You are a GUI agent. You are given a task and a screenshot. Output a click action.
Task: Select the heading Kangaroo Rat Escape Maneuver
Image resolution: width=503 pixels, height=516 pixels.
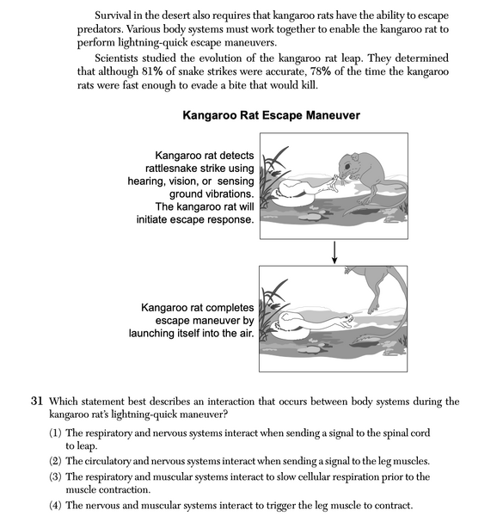click(271, 115)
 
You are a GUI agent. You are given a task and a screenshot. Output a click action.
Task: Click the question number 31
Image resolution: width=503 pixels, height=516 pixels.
click(37, 402)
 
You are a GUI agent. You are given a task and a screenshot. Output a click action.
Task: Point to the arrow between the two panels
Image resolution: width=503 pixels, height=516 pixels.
click(334, 249)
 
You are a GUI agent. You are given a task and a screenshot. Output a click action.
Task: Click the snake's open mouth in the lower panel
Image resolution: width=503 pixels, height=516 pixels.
click(346, 325)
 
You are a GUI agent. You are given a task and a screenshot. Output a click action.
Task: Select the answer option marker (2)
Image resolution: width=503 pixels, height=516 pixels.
click(56, 462)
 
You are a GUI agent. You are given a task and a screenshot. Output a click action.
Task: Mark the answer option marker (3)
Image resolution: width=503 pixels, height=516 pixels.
click(56, 476)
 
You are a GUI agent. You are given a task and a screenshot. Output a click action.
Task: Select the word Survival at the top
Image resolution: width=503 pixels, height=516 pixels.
click(120, 17)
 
